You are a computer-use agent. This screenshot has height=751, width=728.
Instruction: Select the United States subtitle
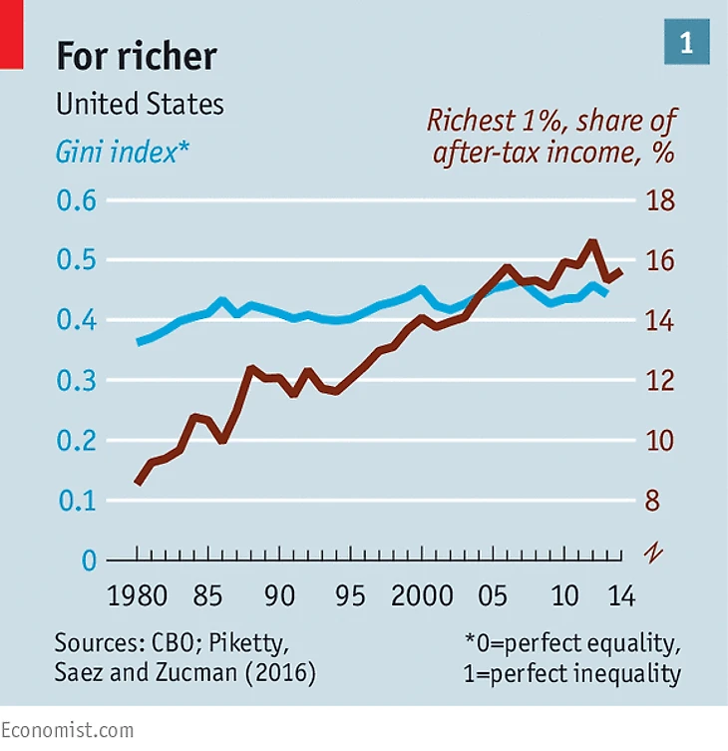(x=140, y=104)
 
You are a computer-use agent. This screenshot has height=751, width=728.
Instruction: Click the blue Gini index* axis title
(x=121, y=153)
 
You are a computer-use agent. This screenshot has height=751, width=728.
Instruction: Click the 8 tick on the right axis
(x=652, y=501)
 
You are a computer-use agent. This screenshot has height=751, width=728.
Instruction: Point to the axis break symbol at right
(x=652, y=552)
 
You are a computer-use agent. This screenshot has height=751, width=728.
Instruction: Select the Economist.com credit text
(x=67, y=730)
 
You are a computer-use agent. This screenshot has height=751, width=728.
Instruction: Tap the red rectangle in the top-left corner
(x=11, y=35)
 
